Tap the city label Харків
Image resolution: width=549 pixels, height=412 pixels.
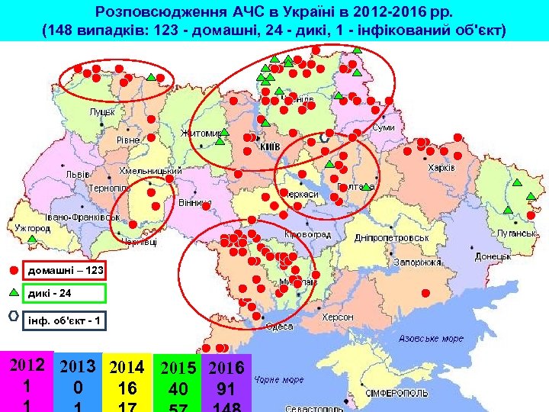(x=441, y=168)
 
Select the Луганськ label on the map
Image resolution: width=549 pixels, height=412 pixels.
(x=517, y=233)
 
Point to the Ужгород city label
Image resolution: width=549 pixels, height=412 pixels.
(x=32, y=227)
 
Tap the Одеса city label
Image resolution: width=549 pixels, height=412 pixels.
(x=279, y=326)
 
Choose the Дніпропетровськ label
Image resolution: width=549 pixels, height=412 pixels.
(x=391, y=238)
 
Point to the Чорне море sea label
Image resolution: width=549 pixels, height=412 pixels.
(x=280, y=378)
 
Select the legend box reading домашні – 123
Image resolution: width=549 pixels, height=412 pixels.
(x=66, y=270)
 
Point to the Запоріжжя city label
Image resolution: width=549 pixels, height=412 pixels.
(x=419, y=262)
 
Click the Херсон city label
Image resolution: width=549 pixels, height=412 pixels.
(x=338, y=317)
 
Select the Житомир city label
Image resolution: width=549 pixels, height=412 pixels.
(x=201, y=133)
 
